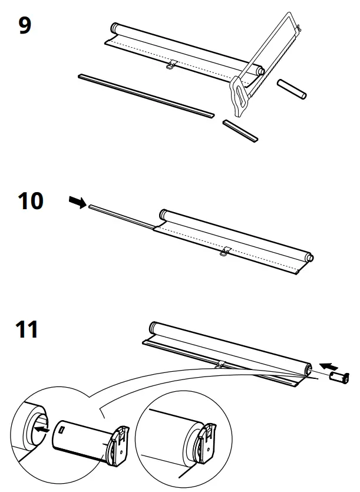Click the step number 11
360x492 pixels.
pyautogui.click(x=28, y=329)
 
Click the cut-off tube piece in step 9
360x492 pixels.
pyautogui.click(x=292, y=90)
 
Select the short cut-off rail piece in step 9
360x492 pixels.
pyautogui.click(x=240, y=130)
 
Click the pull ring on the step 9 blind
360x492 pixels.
pyautogui.click(x=171, y=65)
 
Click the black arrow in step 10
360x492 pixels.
pyautogui.click(x=76, y=202)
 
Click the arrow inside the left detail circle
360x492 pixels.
pyautogui.click(x=41, y=430)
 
